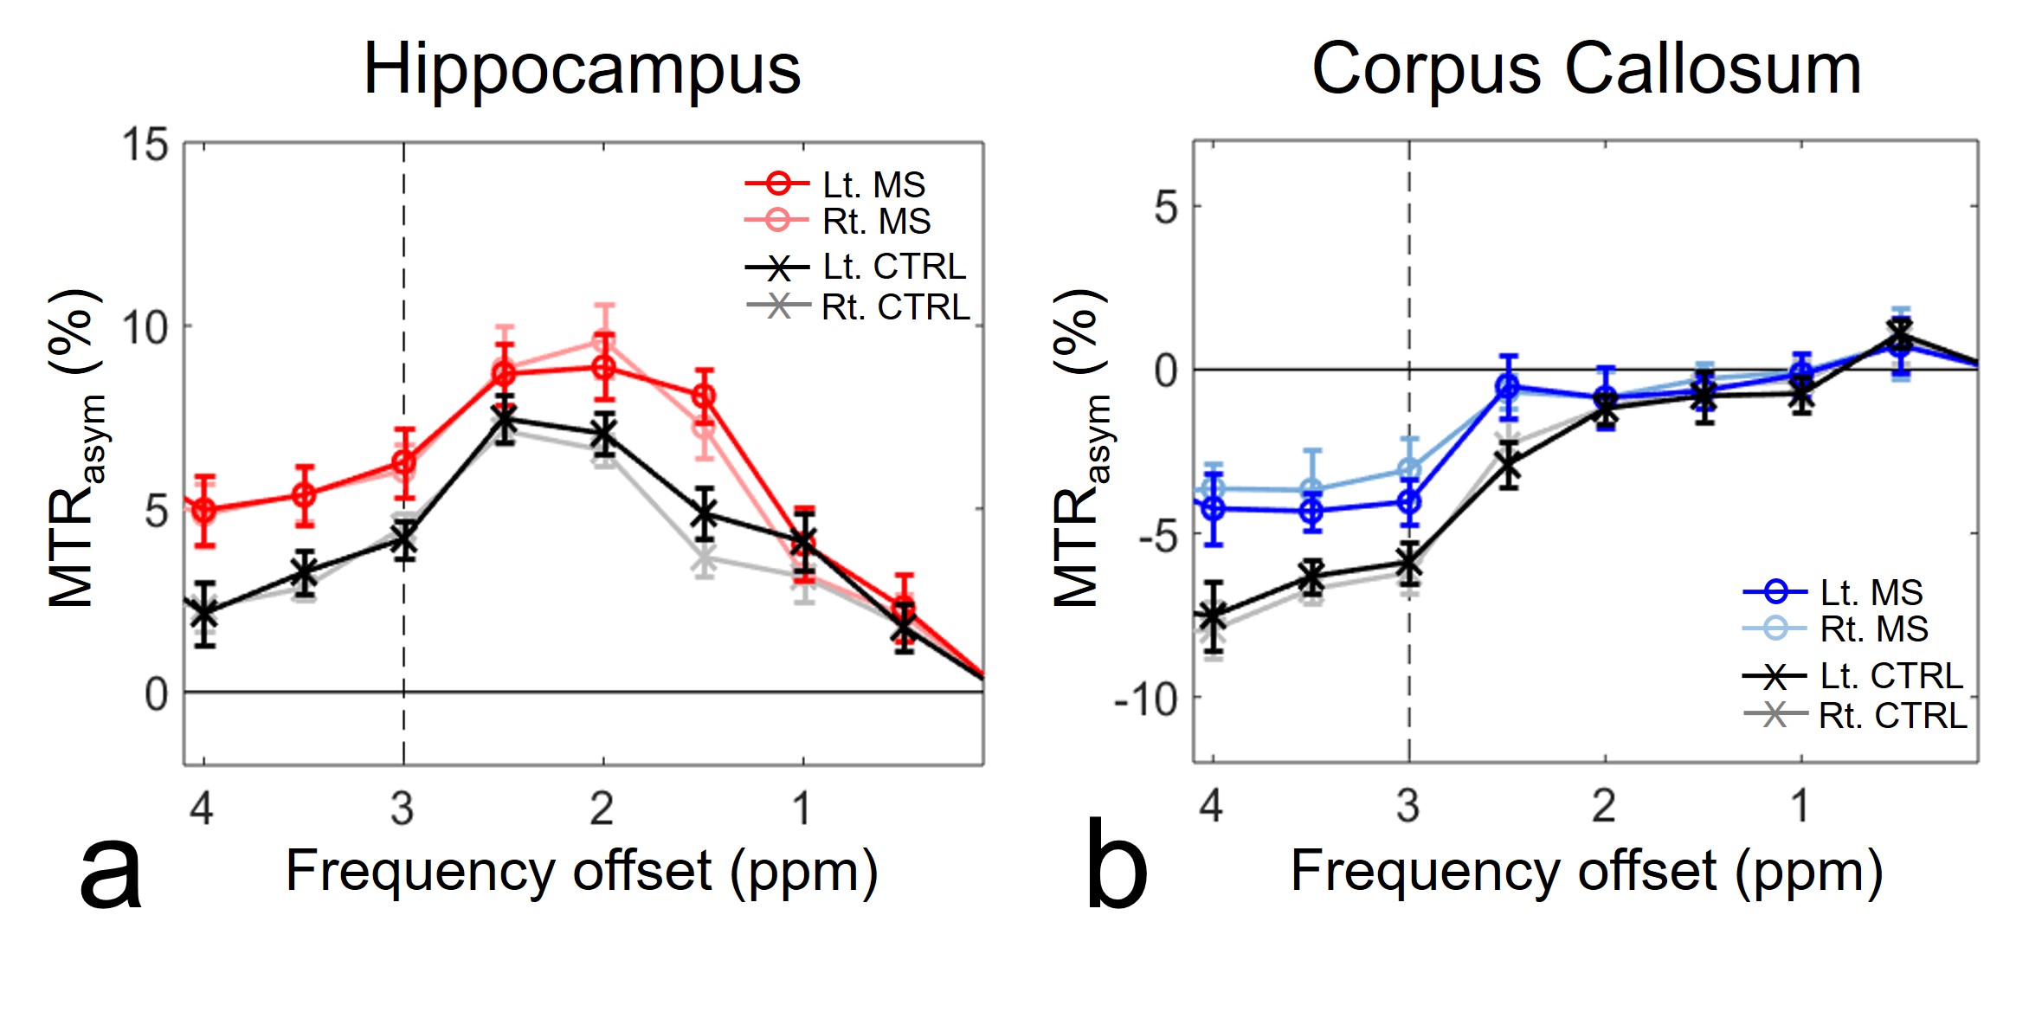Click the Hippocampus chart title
point(582,69)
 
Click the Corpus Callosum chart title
point(1586,69)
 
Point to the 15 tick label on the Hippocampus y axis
point(145,145)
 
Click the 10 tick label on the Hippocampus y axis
point(145,328)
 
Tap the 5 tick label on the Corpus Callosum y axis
point(1166,209)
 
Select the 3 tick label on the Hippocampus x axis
point(403,809)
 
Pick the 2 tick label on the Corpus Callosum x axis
point(1604,806)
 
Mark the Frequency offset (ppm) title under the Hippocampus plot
point(582,871)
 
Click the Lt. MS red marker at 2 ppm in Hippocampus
point(604,367)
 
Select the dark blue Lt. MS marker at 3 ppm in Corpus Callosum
point(1409,501)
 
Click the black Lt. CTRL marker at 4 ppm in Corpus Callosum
point(1213,617)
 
